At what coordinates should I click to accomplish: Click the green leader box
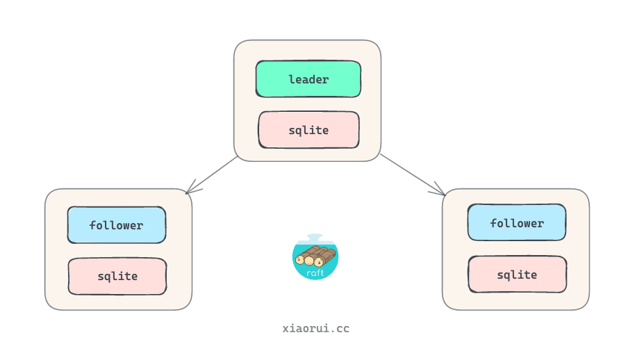tap(308, 79)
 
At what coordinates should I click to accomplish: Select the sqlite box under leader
tap(308, 130)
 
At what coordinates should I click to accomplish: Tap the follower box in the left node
tap(117, 225)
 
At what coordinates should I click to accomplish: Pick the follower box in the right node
tap(517, 223)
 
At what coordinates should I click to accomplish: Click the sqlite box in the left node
tap(117, 276)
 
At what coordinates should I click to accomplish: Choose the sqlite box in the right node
tap(518, 275)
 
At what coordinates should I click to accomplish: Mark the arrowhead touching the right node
tap(440, 190)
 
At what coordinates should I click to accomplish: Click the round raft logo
tap(315, 258)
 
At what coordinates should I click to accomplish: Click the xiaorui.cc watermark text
tap(316, 328)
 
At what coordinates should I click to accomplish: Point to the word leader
tap(308, 79)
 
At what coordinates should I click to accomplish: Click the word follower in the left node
tap(116, 225)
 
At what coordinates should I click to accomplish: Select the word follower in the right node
tap(517, 223)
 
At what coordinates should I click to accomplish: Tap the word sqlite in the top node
tap(308, 130)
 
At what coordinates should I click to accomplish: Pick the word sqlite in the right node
tap(518, 275)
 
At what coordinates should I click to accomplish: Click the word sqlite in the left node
tap(117, 276)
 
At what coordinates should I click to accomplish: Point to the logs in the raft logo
tap(315, 256)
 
